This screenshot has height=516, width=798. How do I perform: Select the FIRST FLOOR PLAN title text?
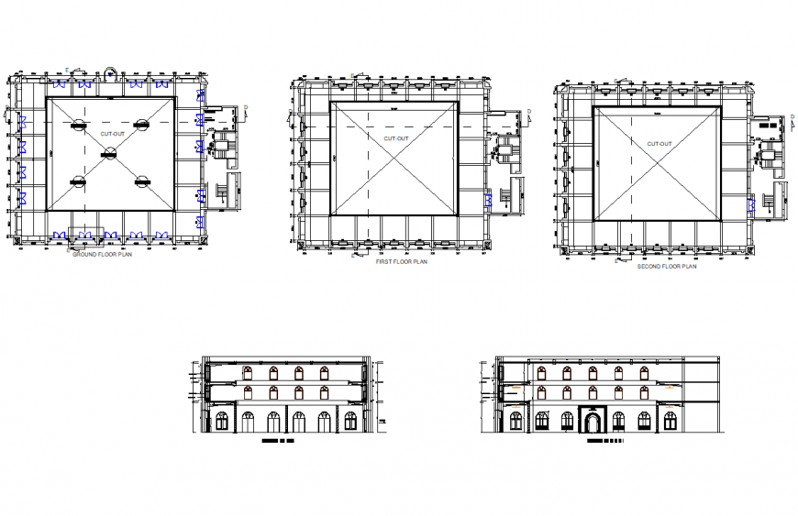401,261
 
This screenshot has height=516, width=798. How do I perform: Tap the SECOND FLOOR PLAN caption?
667,267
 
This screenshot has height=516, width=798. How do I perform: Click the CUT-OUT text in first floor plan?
397,137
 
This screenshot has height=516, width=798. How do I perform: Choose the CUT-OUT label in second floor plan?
659,144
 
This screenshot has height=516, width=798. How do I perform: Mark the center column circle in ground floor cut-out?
110,153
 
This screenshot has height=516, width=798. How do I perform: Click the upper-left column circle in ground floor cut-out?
80,124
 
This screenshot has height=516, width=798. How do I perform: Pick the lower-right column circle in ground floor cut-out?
141,183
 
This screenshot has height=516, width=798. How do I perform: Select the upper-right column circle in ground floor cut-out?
141,124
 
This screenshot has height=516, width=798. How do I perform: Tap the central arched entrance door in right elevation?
593,423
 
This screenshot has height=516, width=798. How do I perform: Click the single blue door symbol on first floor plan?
489,199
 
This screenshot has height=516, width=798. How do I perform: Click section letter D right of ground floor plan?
245,108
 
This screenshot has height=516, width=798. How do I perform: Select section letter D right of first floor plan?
529,113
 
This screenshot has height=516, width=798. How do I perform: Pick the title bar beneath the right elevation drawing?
604,442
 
